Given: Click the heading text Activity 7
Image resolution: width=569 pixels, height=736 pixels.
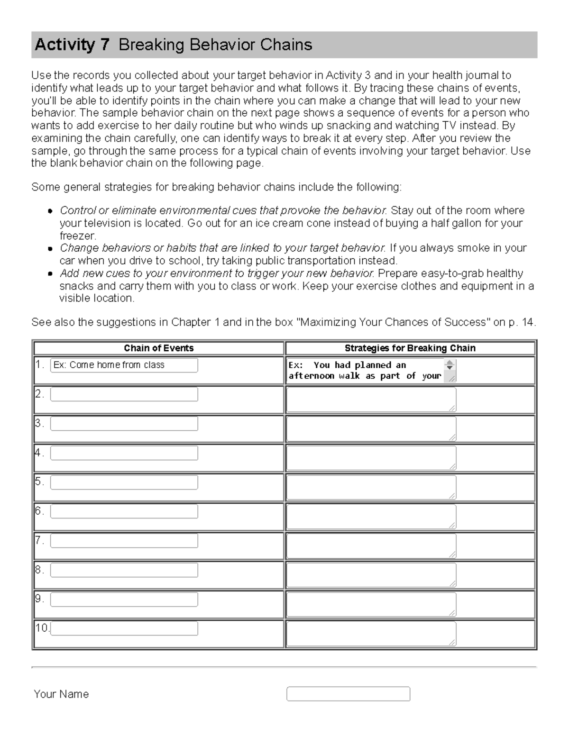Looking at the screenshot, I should [72, 45].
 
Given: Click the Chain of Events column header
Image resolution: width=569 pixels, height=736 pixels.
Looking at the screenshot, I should [158, 348].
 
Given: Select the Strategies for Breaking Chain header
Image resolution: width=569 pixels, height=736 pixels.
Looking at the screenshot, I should [410, 348].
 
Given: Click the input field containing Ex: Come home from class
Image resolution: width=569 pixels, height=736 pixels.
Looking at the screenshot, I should [124, 365].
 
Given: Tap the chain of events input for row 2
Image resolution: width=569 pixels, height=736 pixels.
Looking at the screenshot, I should [124, 394].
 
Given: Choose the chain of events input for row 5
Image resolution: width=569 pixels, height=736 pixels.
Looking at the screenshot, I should [124, 482].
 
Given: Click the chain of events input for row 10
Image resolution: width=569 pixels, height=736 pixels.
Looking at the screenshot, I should [124, 628].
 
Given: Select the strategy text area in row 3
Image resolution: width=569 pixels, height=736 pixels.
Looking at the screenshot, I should [371, 429].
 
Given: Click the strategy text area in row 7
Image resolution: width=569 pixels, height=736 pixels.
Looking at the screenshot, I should [371, 546].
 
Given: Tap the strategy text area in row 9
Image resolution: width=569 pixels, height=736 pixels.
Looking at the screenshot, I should [371, 604].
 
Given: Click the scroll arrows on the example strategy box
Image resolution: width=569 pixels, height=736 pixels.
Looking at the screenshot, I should [450, 365].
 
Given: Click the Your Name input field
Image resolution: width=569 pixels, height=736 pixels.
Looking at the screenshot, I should [348, 694].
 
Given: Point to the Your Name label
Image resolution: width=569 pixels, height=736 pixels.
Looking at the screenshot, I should [61, 694].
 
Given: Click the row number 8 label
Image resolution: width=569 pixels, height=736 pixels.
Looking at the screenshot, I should [39, 570].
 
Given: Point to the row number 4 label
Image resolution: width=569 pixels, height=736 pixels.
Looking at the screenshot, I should [39, 453].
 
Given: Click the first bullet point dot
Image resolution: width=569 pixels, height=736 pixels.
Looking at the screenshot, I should [50, 211].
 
